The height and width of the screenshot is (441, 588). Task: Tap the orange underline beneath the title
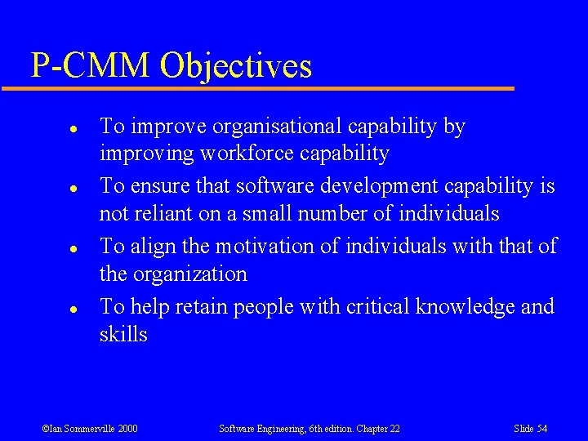[269, 88]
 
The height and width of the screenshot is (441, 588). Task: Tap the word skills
[123, 334]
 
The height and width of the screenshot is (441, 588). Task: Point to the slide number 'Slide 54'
[530, 428]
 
